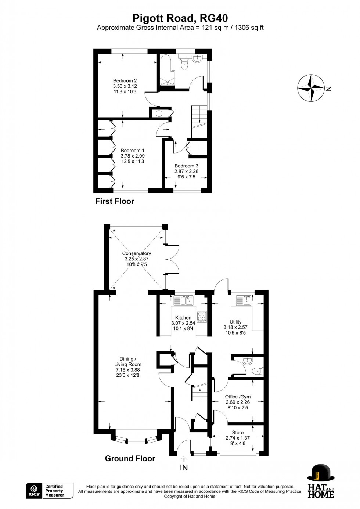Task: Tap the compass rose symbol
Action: pos(311,88)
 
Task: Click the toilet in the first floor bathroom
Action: pos(185,65)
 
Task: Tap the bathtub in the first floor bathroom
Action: pos(165,69)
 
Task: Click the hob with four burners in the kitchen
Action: pos(202,317)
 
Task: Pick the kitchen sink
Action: pos(184,301)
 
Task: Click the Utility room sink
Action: pos(245,300)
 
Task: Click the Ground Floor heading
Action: pos(130,458)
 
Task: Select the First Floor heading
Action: pos(115,201)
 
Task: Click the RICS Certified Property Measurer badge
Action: pos(50,491)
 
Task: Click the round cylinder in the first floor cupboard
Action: pos(159,113)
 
